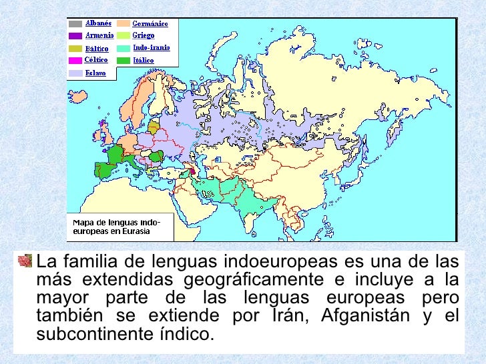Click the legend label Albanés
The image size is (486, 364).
[x=97, y=23]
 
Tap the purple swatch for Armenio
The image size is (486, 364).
[x=75, y=36]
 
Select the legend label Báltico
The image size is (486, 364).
[x=96, y=48]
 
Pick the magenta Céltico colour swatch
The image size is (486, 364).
[x=75, y=61]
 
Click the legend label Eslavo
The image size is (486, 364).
[x=95, y=73]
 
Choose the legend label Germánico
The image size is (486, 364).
[x=150, y=23]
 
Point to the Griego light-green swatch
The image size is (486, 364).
[x=123, y=36]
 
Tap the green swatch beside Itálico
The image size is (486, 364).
[x=123, y=61]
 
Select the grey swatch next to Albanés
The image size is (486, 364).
[x=75, y=23]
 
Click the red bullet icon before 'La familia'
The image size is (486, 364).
[x=25, y=260]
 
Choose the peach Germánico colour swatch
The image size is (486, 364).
[x=123, y=23]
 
